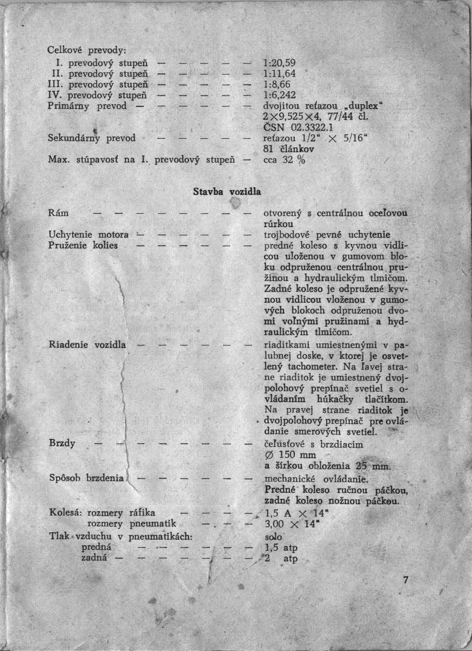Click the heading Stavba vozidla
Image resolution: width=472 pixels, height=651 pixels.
click(x=227, y=192)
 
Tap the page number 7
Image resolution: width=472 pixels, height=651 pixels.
click(x=406, y=580)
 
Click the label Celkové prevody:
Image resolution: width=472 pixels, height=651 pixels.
click(x=87, y=50)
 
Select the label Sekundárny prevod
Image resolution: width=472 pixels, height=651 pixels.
click(x=91, y=138)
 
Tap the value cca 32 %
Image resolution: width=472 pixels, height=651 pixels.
click(x=284, y=160)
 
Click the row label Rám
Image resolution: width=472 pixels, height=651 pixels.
click(x=58, y=213)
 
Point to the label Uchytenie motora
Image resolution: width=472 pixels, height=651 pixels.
click(x=89, y=235)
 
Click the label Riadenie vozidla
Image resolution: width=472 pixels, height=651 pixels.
click(x=87, y=344)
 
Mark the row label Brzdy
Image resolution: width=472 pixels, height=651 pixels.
click(x=62, y=444)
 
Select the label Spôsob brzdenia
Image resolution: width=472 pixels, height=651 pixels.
click(x=87, y=478)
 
